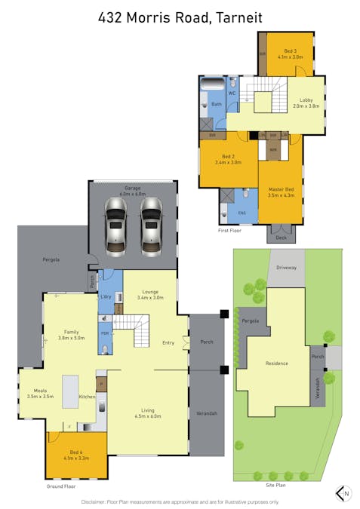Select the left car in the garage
point(116,225)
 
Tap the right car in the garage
point(151,225)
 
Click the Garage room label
point(133,189)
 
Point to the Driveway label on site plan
point(286,267)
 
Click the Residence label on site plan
point(276,363)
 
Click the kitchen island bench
point(71,391)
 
